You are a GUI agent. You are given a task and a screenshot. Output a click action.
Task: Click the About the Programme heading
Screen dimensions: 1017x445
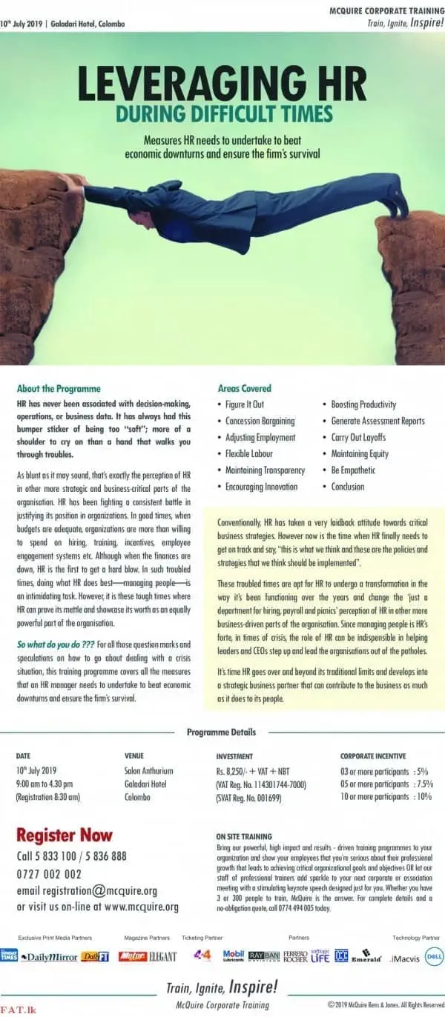[x=59, y=388]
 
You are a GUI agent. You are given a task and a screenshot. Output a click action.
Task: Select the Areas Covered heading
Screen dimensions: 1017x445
[x=245, y=388]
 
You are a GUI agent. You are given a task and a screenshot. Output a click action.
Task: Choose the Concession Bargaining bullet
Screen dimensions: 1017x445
[x=260, y=421]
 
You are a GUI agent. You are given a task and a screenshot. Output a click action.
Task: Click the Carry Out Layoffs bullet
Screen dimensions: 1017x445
[x=358, y=437]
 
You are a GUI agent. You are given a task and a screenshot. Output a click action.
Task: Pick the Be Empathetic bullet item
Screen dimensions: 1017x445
[x=353, y=470]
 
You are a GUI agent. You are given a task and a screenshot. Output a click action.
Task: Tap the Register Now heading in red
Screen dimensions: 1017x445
[x=65, y=836]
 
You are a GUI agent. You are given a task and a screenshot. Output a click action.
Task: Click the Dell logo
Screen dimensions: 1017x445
[x=434, y=956]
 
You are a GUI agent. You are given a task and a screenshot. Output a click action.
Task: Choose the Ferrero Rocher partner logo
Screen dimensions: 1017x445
[x=295, y=956]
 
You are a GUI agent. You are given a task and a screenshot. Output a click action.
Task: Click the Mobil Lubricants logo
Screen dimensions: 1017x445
[x=234, y=956]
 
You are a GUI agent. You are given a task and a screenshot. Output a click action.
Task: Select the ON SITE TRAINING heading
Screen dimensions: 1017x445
[x=244, y=836]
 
